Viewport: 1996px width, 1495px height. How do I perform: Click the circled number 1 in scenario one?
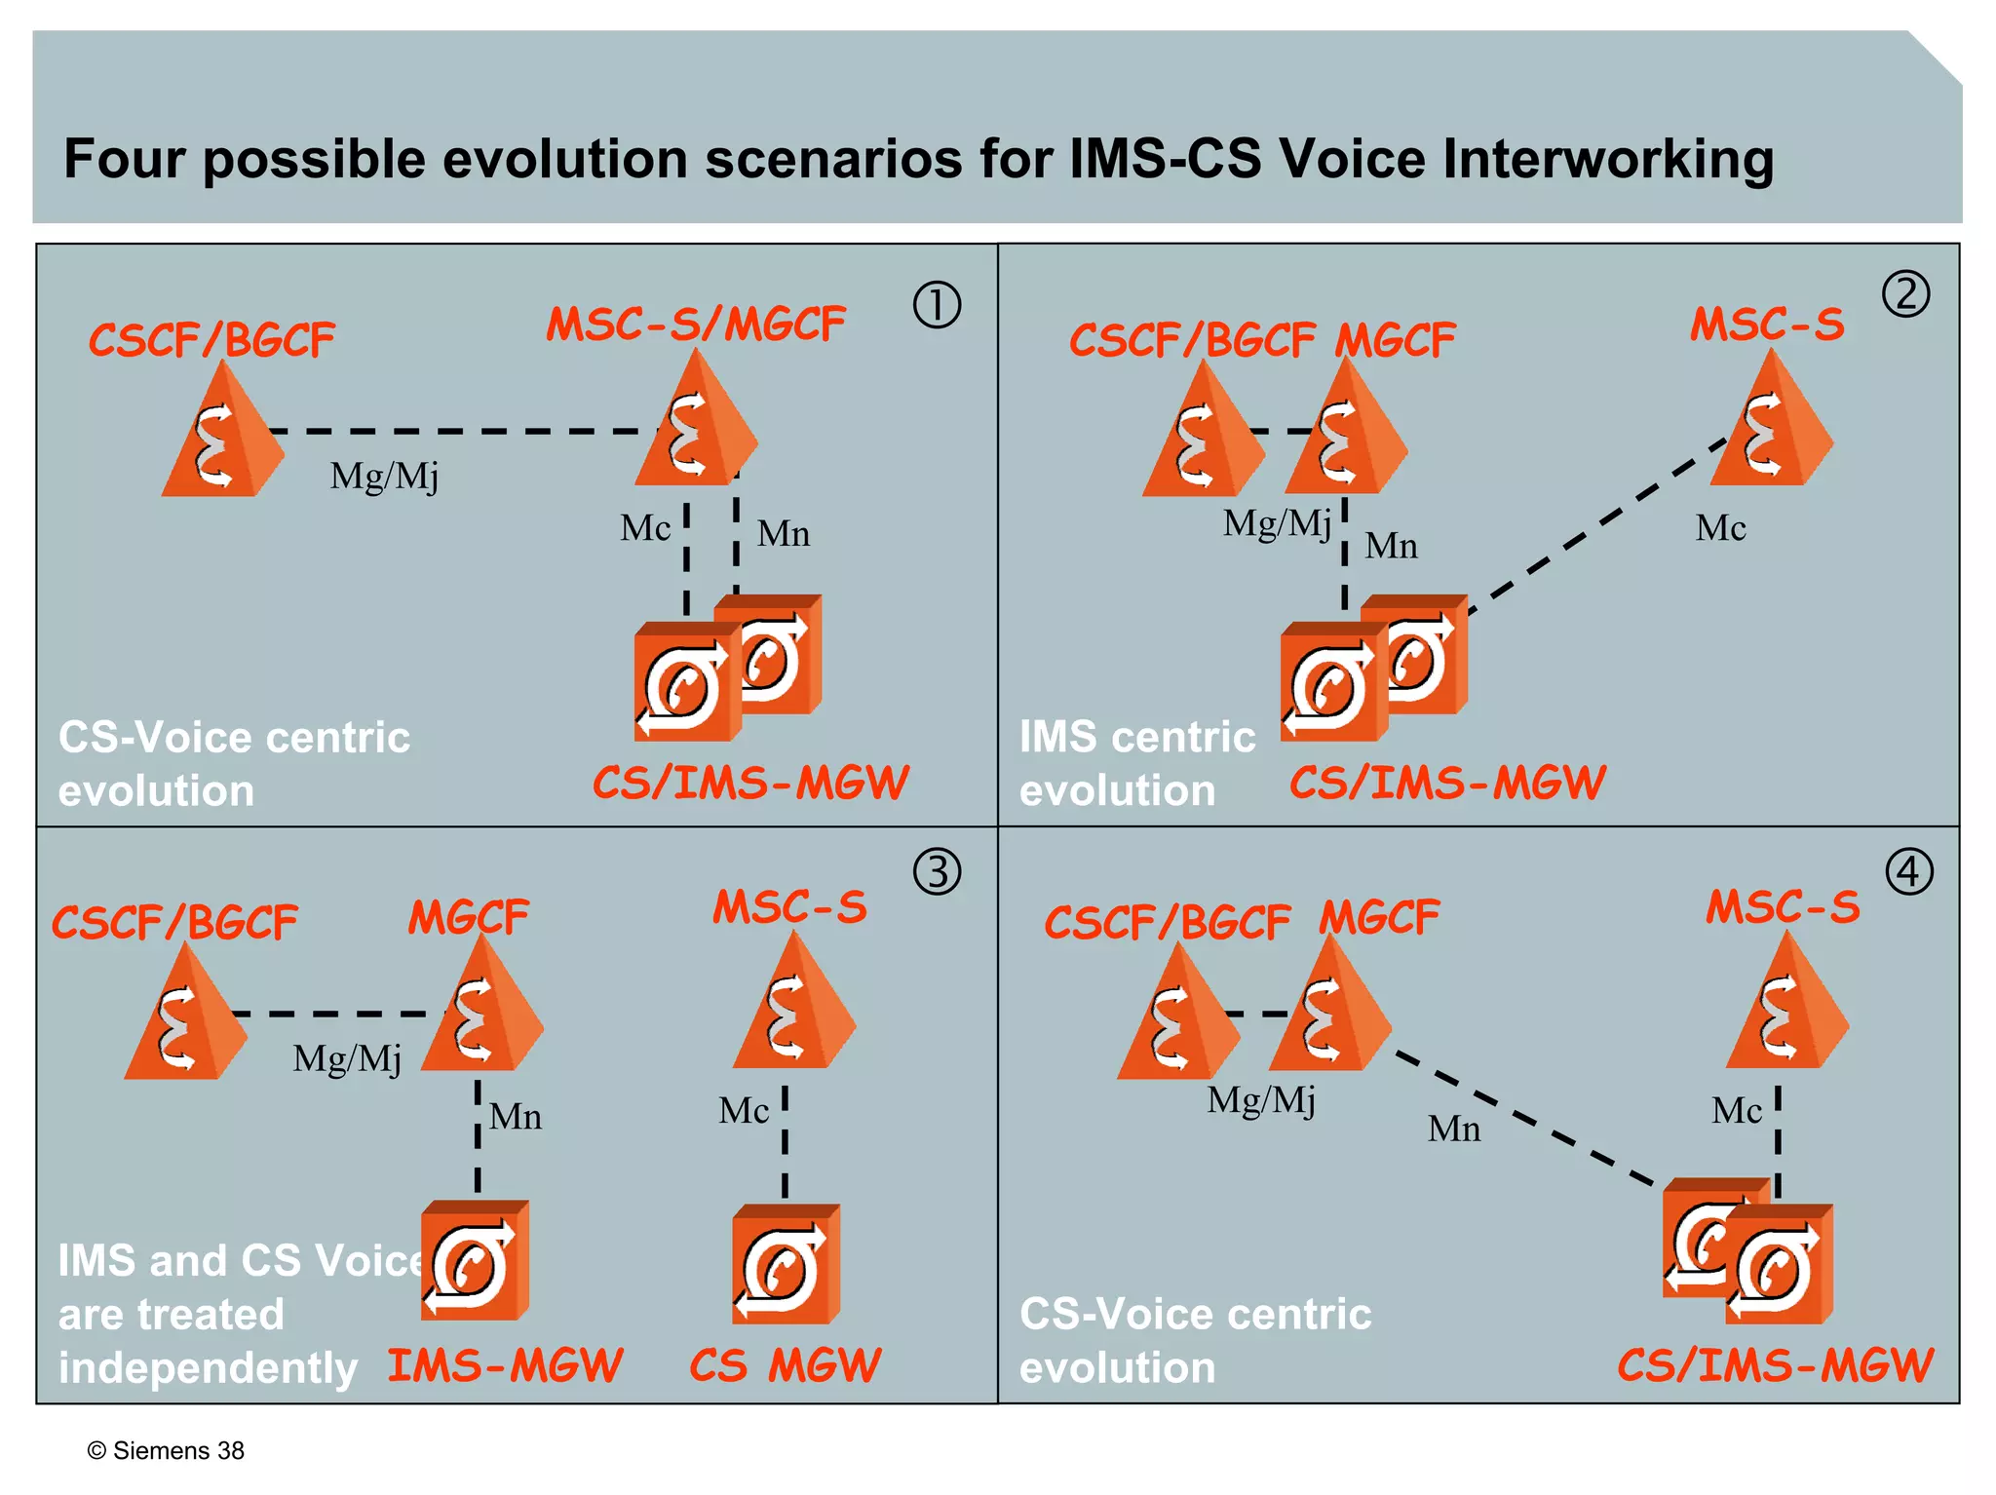pos(937,304)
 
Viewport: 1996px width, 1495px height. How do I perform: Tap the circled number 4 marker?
pos(1908,871)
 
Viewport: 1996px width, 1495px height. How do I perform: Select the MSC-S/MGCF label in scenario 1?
pos(696,325)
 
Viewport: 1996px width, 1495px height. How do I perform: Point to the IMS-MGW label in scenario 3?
pos(505,1365)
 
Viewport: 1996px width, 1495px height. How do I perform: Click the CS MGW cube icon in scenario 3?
pos(786,1265)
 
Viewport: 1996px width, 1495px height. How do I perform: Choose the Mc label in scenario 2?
pos(1720,528)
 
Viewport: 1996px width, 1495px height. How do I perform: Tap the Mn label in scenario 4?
pos(1453,1129)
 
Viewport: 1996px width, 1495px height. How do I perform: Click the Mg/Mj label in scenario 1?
pos(384,477)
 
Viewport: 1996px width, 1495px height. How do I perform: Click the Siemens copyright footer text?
pos(166,1450)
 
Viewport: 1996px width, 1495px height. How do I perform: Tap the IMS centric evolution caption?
pos(1136,763)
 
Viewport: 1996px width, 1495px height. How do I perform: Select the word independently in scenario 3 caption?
pos(208,1367)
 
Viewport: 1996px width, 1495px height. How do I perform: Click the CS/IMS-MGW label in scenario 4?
pos(1775,1365)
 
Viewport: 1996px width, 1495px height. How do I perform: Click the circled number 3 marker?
pos(937,871)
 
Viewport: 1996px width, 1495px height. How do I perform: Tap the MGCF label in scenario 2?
pos(1395,341)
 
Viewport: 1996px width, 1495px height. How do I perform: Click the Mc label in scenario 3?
pos(744,1111)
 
